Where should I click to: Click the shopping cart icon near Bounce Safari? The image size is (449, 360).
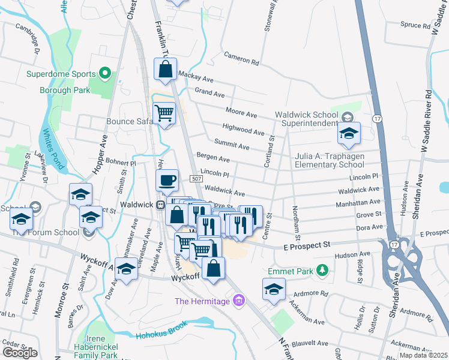coord(164,112)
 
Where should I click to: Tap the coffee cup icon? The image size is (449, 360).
coord(167,179)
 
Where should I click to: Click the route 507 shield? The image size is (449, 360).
coord(196,179)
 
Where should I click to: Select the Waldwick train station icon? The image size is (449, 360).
coord(161,205)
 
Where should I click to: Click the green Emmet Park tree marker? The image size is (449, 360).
coord(322,271)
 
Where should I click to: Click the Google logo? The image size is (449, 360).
coord(20,353)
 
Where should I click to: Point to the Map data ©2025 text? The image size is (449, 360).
coord(423,355)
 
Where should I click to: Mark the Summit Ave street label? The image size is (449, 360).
coord(236,146)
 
